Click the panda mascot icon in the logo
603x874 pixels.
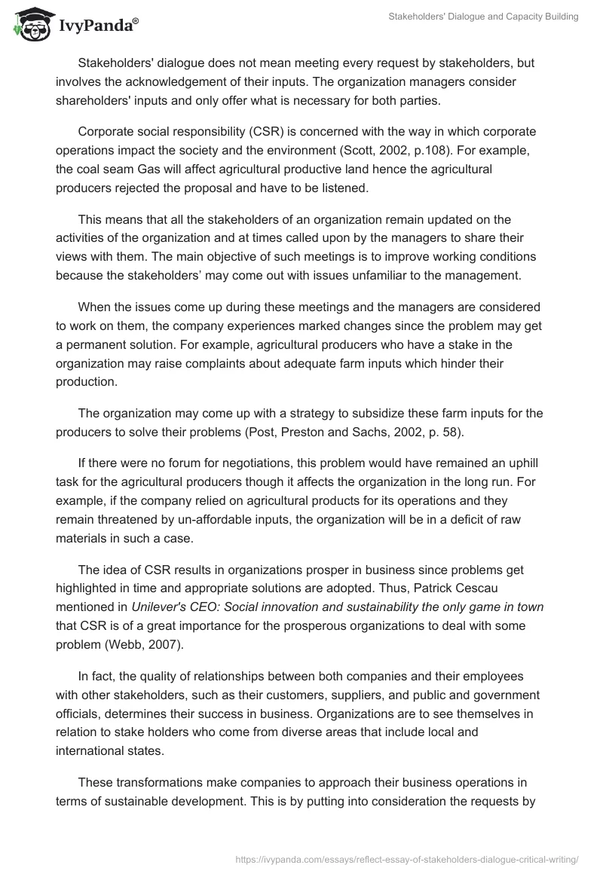click(29, 25)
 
